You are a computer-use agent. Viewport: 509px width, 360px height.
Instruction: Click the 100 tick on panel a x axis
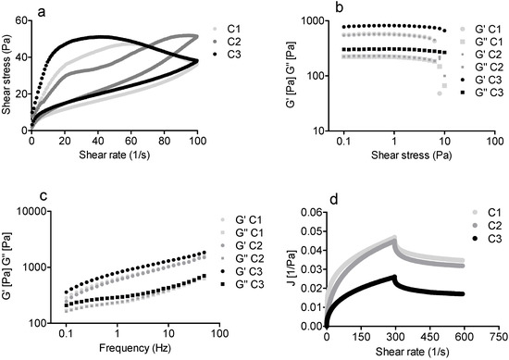195,142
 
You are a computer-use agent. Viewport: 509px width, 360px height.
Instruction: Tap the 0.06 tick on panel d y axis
306,212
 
